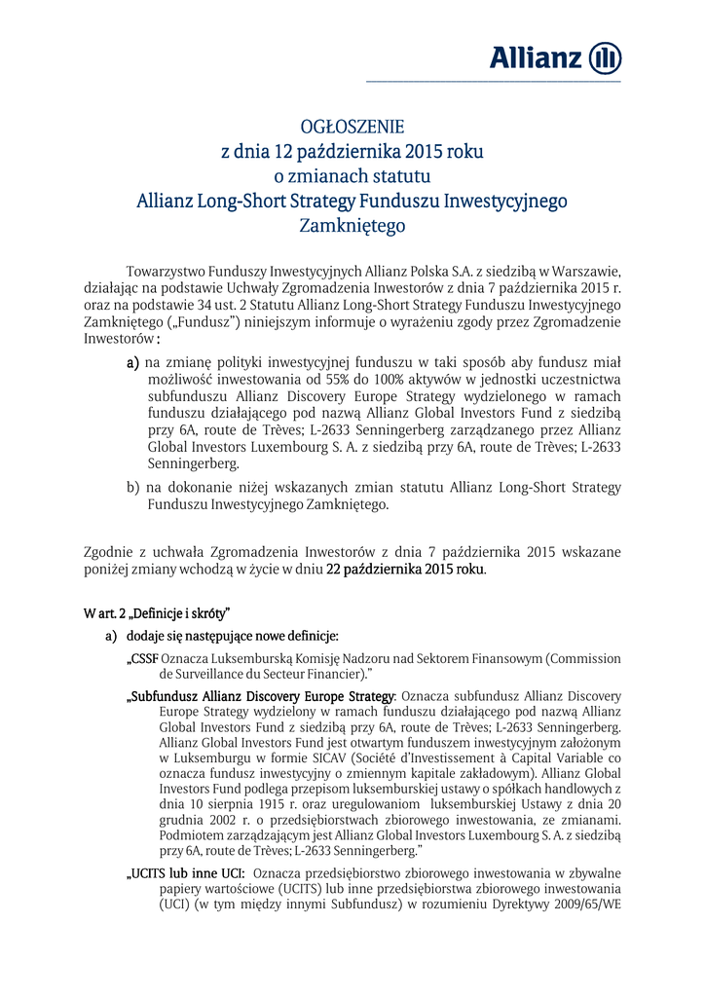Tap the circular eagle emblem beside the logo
click(606, 57)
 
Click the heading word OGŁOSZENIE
click(352, 128)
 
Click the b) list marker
click(133, 487)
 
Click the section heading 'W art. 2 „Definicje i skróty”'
click(157, 612)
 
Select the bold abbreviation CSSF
click(143, 658)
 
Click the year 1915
click(254, 805)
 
